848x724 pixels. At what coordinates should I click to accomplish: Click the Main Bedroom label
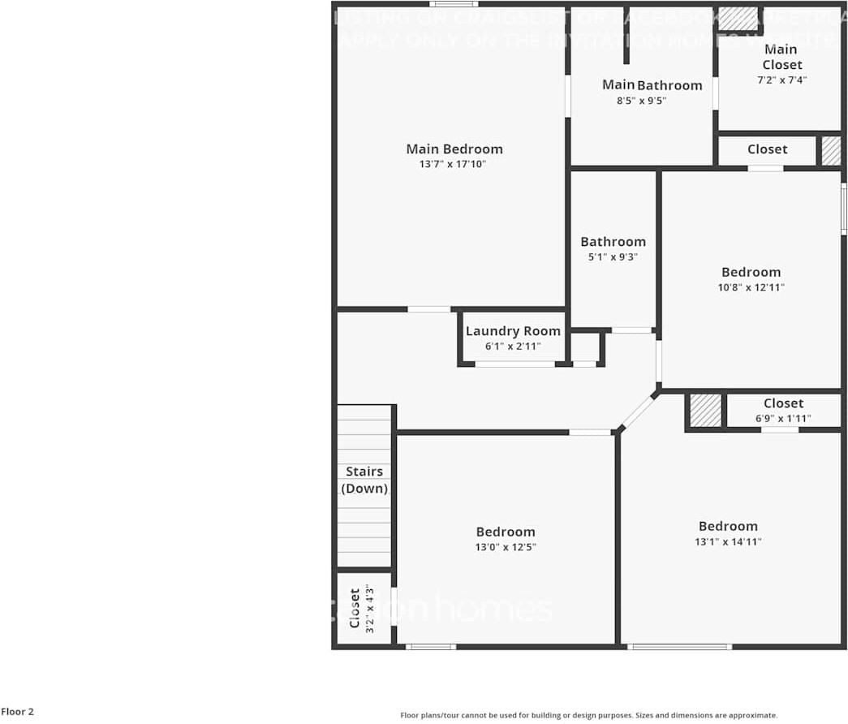coord(454,149)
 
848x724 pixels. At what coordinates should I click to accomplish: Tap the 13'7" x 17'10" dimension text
coord(453,164)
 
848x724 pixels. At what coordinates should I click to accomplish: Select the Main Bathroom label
coord(652,85)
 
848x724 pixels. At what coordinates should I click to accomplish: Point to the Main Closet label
coord(781,57)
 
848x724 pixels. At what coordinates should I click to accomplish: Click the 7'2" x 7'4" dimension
coord(781,80)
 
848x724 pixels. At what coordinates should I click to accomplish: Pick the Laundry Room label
coord(513,331)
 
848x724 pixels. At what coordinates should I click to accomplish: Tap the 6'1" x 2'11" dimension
coord(513,347)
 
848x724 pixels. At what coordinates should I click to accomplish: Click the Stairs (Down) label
coord(364,480)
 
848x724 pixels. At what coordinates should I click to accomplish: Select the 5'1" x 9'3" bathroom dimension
coord(613,256)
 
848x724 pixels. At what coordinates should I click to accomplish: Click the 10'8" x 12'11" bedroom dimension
coord(751,287)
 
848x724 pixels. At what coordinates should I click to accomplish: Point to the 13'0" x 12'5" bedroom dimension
coord(506,547)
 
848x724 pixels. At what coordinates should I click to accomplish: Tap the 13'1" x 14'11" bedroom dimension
coord(728,541)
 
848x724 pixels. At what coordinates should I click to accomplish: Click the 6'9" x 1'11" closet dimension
coord(783,419)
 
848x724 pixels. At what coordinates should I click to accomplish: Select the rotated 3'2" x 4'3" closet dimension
coord(369,609)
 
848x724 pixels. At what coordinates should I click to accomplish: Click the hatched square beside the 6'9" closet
coord(705,411)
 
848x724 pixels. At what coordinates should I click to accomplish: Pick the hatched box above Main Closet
coord(738,18)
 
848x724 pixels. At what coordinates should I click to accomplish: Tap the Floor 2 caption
coord(17,712)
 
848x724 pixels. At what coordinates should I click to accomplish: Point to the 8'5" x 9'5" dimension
coord(641,101)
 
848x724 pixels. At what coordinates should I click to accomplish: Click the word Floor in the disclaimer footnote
coord(411,715)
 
